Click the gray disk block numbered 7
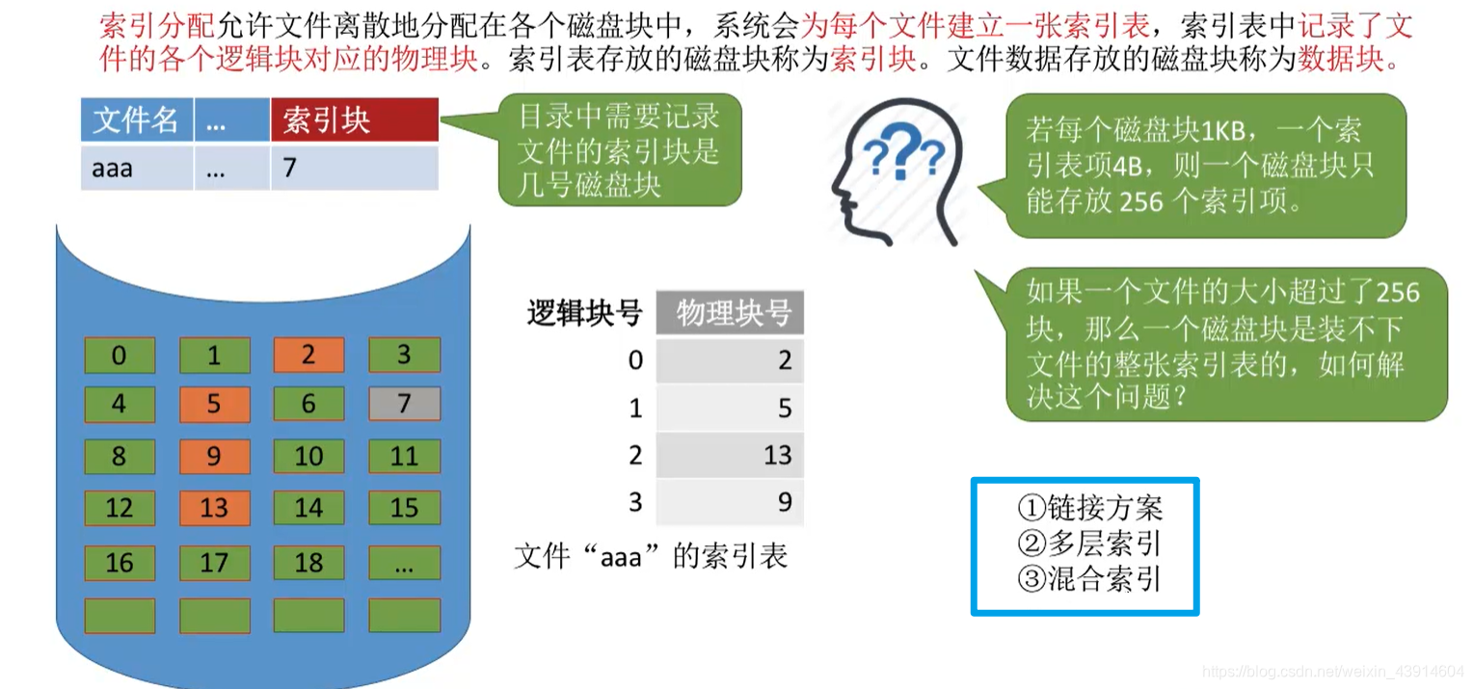pos(404,404)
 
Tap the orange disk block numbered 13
pos(214,508)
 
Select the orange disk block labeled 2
pos(308,355)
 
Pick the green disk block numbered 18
pos(308,563)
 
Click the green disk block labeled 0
pos(119,356)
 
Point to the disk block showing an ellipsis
pos(404,563)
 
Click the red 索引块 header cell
pos(354,120)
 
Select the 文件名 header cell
pos(136,120)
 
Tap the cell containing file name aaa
pos(136,169)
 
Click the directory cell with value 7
pos(354,169)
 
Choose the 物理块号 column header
pos(730,313)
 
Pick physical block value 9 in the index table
pos(784,502)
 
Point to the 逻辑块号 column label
pos(585,313)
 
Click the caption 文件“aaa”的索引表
pos(651,557)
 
